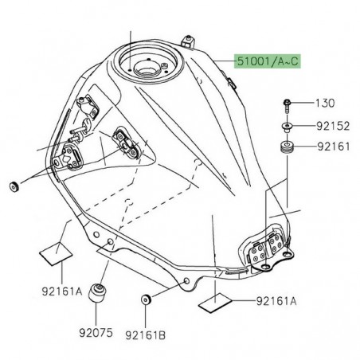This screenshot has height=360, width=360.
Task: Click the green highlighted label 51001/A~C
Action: pyautogui.click(x=267, y=61)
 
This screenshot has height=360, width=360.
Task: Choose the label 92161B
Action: pyautogui.click(x=148, y=325)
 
